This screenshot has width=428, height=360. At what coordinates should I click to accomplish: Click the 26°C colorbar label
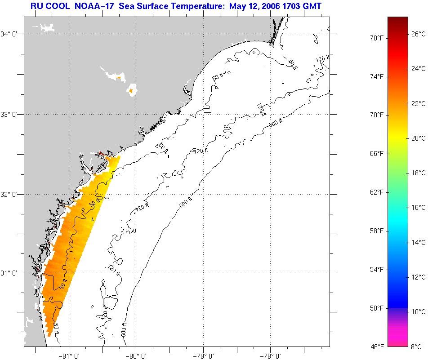419,34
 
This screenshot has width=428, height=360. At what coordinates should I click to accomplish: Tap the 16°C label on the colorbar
419,208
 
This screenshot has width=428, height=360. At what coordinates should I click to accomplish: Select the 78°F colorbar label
377,38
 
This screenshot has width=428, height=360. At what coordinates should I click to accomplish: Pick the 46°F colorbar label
377,347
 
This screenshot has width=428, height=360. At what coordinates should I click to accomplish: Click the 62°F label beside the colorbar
377,192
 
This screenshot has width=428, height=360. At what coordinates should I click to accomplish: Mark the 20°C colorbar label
419,138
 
